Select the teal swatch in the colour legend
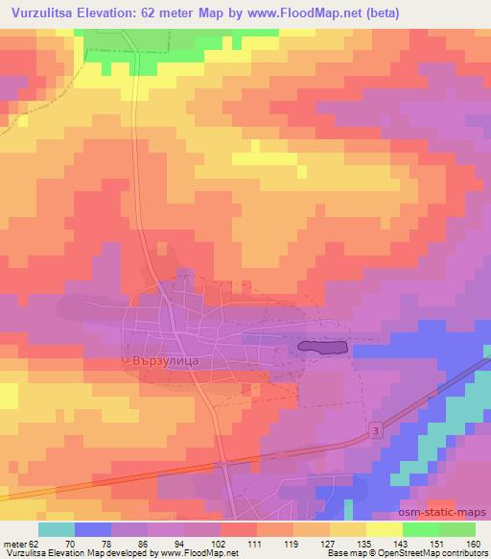point(57,529)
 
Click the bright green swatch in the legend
point(459,529)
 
